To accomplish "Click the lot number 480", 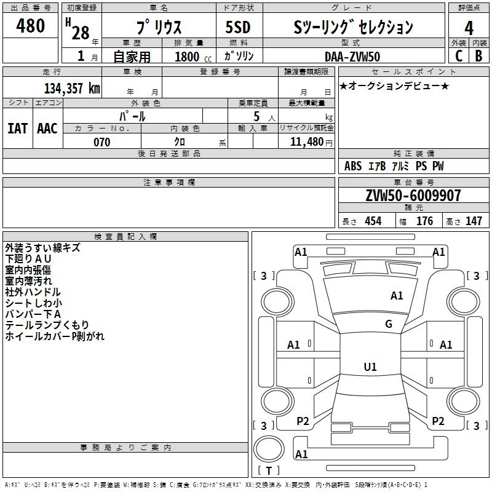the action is (30, 25).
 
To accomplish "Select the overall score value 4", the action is (469, 28).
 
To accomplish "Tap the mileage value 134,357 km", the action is (72, 88).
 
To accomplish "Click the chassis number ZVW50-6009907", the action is (413, 196).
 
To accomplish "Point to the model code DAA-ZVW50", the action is (352, 57).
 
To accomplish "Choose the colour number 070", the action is (101, 142).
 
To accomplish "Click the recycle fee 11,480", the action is (306, 142).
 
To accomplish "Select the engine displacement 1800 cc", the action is (193, 57).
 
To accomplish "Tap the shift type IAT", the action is (18, 129).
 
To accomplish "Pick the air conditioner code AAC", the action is (47, 129).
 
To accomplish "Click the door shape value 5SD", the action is (238, 27).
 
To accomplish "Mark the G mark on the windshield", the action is (389, 323).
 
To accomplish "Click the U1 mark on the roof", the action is (370, 367).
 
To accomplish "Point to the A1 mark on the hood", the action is (397, 295).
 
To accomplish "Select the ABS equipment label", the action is (353, 166).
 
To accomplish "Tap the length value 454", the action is (373, 221).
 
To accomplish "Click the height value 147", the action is (474, 221).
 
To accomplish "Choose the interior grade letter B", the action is (478, 56).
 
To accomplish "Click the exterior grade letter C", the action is (459, 56).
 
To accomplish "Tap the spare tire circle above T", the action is (269, 448).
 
